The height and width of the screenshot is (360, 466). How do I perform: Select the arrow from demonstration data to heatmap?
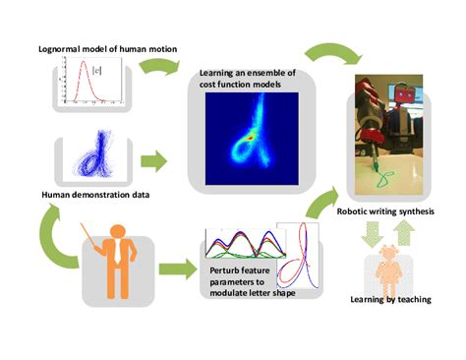click(x=154, y=158)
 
